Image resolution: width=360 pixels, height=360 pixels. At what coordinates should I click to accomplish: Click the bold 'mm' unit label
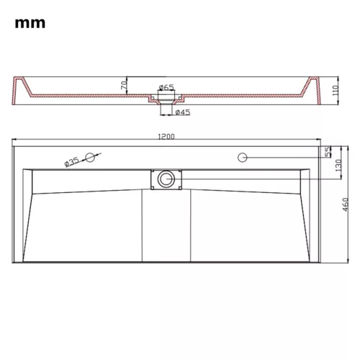click(x=30, y=24)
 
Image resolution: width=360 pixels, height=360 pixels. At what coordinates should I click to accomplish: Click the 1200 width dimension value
click(x=166, y=137)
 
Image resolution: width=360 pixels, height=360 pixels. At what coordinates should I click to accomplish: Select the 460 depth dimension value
click(x=345, y=204)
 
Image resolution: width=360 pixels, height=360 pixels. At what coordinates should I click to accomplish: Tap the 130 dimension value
click(x=338, y=166)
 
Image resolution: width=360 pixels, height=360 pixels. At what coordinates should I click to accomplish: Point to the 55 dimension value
click(x=328, y=152)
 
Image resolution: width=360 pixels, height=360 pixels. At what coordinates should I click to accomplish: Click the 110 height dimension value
click(x=336, y=90)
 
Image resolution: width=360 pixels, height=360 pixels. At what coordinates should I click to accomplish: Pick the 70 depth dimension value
click(x=124, y=85)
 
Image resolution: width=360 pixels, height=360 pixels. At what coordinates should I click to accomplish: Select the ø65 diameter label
click(x=166, y=87)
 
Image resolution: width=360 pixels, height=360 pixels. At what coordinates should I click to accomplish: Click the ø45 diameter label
click(x=183, y=112)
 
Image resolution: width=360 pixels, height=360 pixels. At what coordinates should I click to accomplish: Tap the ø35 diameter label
click(x=71, y=162)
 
